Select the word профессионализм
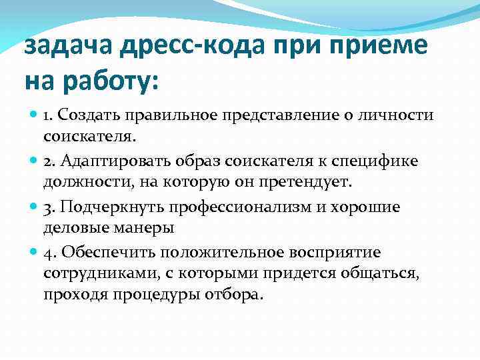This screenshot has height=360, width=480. point(250,207)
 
